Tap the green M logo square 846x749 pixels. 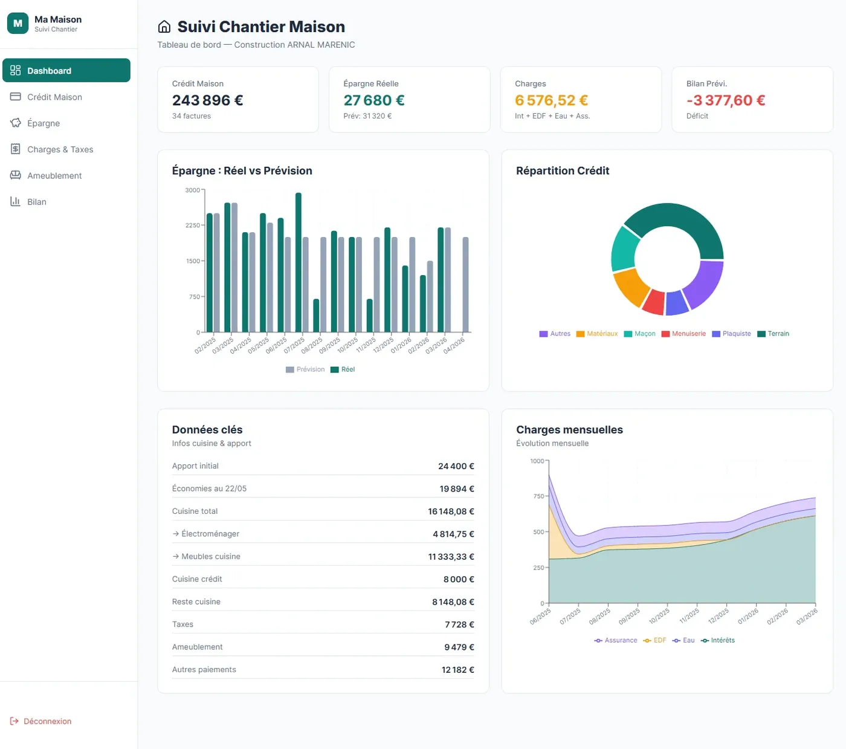18,24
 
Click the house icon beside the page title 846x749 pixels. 164,27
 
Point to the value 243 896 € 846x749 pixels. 207,100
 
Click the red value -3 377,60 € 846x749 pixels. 726,100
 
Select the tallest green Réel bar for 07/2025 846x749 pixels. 298,262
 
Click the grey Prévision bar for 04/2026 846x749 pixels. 465,285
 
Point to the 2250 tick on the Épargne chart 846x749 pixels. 193,225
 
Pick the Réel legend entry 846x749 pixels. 343,369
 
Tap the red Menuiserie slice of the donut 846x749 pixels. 654,302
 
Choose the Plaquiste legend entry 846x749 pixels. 731,333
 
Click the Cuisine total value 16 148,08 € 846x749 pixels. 451,511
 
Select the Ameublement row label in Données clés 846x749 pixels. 197,647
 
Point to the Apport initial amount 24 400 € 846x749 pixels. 456,466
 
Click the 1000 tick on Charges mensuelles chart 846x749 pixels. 537,461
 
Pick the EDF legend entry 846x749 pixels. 654,640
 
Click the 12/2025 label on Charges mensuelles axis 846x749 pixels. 718,616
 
